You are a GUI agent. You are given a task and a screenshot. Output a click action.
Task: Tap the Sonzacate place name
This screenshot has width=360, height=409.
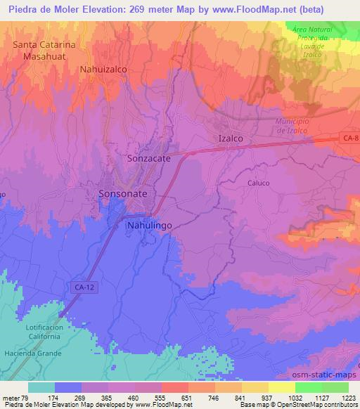tap(149, 159)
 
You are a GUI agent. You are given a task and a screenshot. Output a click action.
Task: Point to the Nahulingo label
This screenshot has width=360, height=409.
tap(149, 226)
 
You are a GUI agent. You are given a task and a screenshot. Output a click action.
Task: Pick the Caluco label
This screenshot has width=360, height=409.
tap(259, 183)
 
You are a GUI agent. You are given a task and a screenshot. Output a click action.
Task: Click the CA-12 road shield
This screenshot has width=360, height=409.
tap(82, 287)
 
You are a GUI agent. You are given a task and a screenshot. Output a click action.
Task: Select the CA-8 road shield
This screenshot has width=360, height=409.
tap(352, 139)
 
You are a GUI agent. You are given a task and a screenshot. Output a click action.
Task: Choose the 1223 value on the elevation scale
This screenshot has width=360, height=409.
tap(349, 397)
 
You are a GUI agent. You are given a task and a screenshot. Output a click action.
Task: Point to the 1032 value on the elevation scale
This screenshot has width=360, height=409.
tap(295, 397)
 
